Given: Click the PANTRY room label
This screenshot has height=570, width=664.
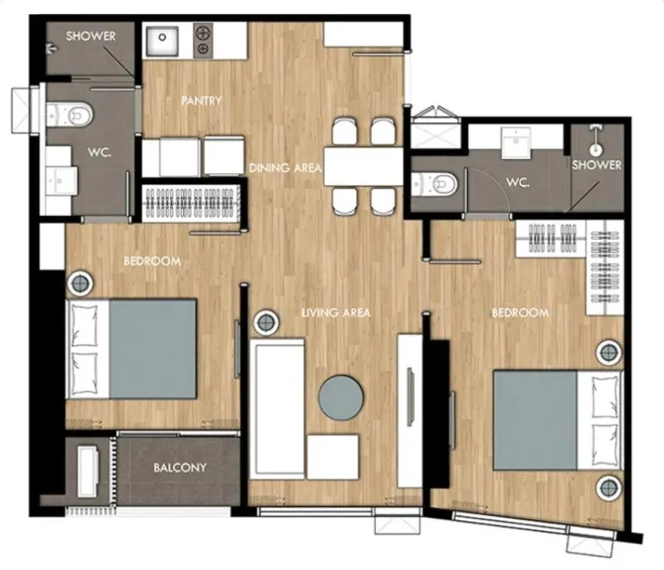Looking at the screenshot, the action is click(201, 100).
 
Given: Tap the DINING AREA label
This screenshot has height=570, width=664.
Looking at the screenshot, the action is click(285, 168).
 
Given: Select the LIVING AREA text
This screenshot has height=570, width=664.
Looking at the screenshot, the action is click(336, 313).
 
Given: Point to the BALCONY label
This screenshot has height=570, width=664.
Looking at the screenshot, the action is click(180, 468).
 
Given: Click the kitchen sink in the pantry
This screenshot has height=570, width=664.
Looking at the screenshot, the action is click(162, 41).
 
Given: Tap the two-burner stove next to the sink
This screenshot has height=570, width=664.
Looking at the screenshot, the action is click(203, 41).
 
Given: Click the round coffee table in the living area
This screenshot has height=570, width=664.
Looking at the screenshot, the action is click(341, 397).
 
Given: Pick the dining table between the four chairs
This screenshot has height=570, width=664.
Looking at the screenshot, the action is click(364, 166).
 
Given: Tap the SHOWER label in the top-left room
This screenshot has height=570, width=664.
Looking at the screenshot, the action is click(90, 36).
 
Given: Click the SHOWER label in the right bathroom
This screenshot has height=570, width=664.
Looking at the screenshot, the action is click(597, 164).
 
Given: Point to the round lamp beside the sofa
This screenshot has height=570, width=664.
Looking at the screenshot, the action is click(266, 323).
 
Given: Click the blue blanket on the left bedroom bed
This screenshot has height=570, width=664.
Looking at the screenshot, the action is click(153, 349).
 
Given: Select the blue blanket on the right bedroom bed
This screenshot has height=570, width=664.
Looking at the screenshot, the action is click(535, 421).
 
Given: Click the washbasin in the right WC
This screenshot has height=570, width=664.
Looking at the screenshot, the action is click(515, 143).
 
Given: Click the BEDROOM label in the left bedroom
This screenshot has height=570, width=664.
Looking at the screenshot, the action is click(153, 261).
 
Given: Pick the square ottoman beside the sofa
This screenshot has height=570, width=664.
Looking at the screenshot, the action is click(333, 457).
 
